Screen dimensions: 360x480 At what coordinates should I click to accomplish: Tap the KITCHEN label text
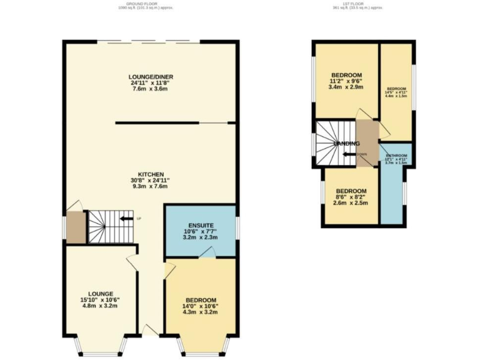coord(151,174)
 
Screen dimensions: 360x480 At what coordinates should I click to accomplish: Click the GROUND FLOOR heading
coord(145,4)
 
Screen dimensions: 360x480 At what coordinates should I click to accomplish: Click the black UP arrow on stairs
coord(126,218)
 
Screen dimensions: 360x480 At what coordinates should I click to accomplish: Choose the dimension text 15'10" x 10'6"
coord(100,300)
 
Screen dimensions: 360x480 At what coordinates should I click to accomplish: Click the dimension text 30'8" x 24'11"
coord(151,181)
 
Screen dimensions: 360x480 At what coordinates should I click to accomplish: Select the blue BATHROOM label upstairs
coord(396,156)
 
